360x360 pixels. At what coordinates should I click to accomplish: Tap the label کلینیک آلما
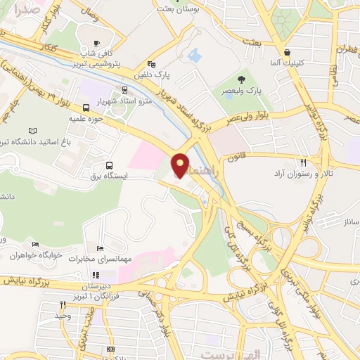[288, 63]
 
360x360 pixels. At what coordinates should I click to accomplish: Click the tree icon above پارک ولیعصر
[241, 79]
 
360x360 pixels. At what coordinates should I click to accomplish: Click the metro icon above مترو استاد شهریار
[124, 90]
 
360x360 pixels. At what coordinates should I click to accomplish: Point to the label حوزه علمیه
[86, 119]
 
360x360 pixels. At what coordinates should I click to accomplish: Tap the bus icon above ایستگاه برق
[108, 165]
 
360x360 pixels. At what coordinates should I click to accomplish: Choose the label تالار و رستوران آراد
[303, 172]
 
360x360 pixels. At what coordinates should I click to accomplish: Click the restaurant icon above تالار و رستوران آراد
[303, 162]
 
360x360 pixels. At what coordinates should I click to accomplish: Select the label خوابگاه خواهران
[34, 255]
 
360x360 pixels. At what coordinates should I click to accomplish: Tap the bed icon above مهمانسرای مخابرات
[99, 249]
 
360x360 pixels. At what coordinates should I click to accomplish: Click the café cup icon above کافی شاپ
[97, 42]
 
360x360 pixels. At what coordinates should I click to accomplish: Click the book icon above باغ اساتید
[32, 131]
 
